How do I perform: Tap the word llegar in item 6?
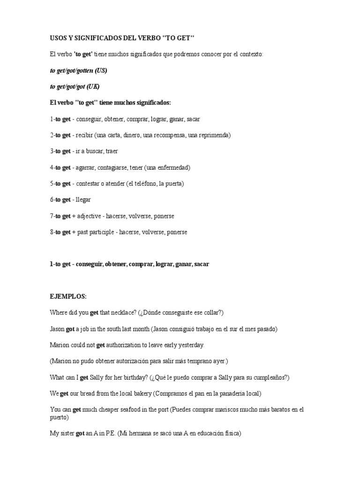[83, 200]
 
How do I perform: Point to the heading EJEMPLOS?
[68, 297]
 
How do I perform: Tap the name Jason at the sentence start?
[57, 329]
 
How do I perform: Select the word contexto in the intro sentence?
[251, 54]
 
